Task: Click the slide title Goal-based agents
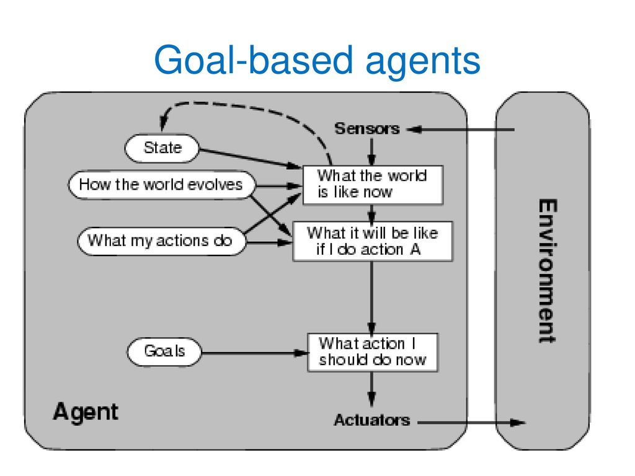click(317, 61)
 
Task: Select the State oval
click(162, 148)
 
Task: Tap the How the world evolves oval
click(162, 185)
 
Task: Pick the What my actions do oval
click(161, 241)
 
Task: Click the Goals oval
click(164, 351)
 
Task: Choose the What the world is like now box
click(373, 185)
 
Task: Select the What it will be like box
click(373, 241)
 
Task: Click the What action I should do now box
click(373, 352)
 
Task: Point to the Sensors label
click(367, 129)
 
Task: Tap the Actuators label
click(372, 420)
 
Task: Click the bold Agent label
click(86, 412)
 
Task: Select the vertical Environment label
click(548, 271)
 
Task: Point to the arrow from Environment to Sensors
click(460, 130)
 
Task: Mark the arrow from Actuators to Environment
click(472, 423)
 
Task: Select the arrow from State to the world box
click(251, 159)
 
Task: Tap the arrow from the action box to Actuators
click(372, 389)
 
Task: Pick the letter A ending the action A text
click(415, 249)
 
